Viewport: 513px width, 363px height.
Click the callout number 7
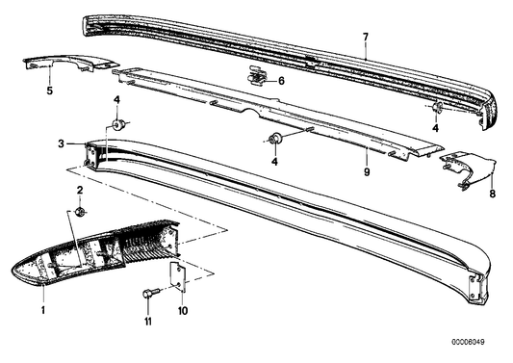(x=366, y=37)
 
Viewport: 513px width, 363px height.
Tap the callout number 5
(x=49, y=91)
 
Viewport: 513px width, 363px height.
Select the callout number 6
(x=281, y=81)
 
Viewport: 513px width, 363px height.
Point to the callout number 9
(x=367, y=171)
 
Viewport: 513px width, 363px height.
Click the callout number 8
(x=493, y=194)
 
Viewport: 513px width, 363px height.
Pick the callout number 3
(x=62, y=143)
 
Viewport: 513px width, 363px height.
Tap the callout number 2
(x=80, y=190)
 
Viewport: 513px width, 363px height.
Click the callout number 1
(x=43, y=310)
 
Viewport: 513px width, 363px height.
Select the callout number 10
(x=183, y=310)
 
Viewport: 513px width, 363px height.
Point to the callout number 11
(x=148, y=322)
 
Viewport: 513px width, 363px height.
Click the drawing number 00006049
(x=468, y=342)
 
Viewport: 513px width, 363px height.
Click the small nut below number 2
(x=80, y=212)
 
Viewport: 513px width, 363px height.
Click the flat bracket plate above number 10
(x=178, y=277)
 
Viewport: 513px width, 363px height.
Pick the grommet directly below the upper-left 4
(x=117, y=124)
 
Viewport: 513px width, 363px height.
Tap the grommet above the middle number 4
(x=276, y=139)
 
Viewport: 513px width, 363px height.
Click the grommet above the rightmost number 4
(x=437, y=107)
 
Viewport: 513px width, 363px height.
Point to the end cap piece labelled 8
(x=468, y=170)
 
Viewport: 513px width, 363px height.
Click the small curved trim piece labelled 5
(x=70, y=63)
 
